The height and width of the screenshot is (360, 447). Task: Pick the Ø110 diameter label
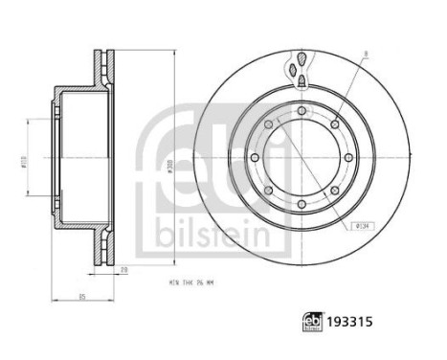(x=27, y=165)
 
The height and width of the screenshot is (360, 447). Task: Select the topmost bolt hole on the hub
(x=302, y=113)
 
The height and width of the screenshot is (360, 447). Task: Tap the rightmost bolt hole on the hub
(x=352, y=164)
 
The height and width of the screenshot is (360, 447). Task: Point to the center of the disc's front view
(x=302, y=164)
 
